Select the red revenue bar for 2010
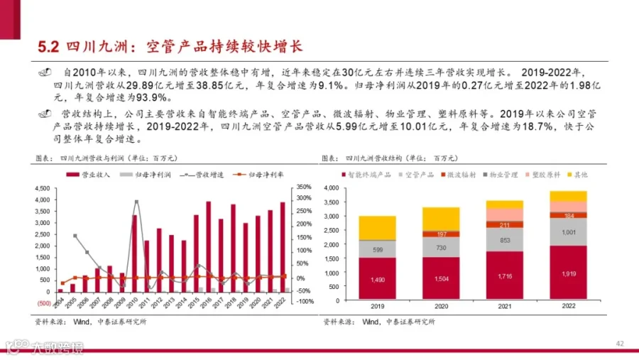pyautogui.click(x=133, y=253)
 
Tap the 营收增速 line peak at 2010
pyautogui.click(x=136, y=202)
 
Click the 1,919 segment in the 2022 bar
pyautogui.click(x=568, y=273)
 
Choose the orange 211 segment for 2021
pyautogui.click(x=505, y=225)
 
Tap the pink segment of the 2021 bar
pyautogui.click(x=505, y=214)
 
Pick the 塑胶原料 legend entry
pyautogui.click(x=544, y=174)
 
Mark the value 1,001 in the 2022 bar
pyautogui.click(x=568, y=231)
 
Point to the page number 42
pyautogui.click(x=620, y=344)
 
